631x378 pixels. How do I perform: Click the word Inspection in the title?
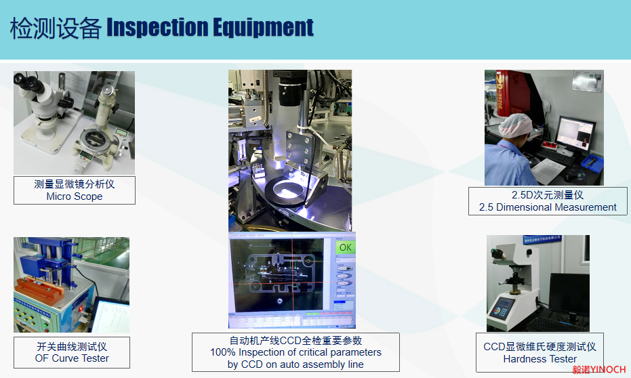[157, 28]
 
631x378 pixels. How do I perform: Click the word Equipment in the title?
[263, 28]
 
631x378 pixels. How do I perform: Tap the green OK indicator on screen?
[345, 247]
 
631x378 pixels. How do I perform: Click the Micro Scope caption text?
[75, 196]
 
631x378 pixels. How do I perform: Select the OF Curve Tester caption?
[72, 358]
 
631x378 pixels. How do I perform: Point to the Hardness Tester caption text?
[540, 359]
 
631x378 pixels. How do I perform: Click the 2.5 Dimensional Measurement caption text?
[548, 207]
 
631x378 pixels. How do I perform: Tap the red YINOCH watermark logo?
[599, 370]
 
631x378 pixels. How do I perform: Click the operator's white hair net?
[514, 125]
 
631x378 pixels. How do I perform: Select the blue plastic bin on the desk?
[592, 162]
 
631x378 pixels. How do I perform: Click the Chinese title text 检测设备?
[56, 28]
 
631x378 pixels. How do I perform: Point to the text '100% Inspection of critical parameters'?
[296, 352]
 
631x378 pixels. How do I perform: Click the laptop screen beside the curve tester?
[110, 316]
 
